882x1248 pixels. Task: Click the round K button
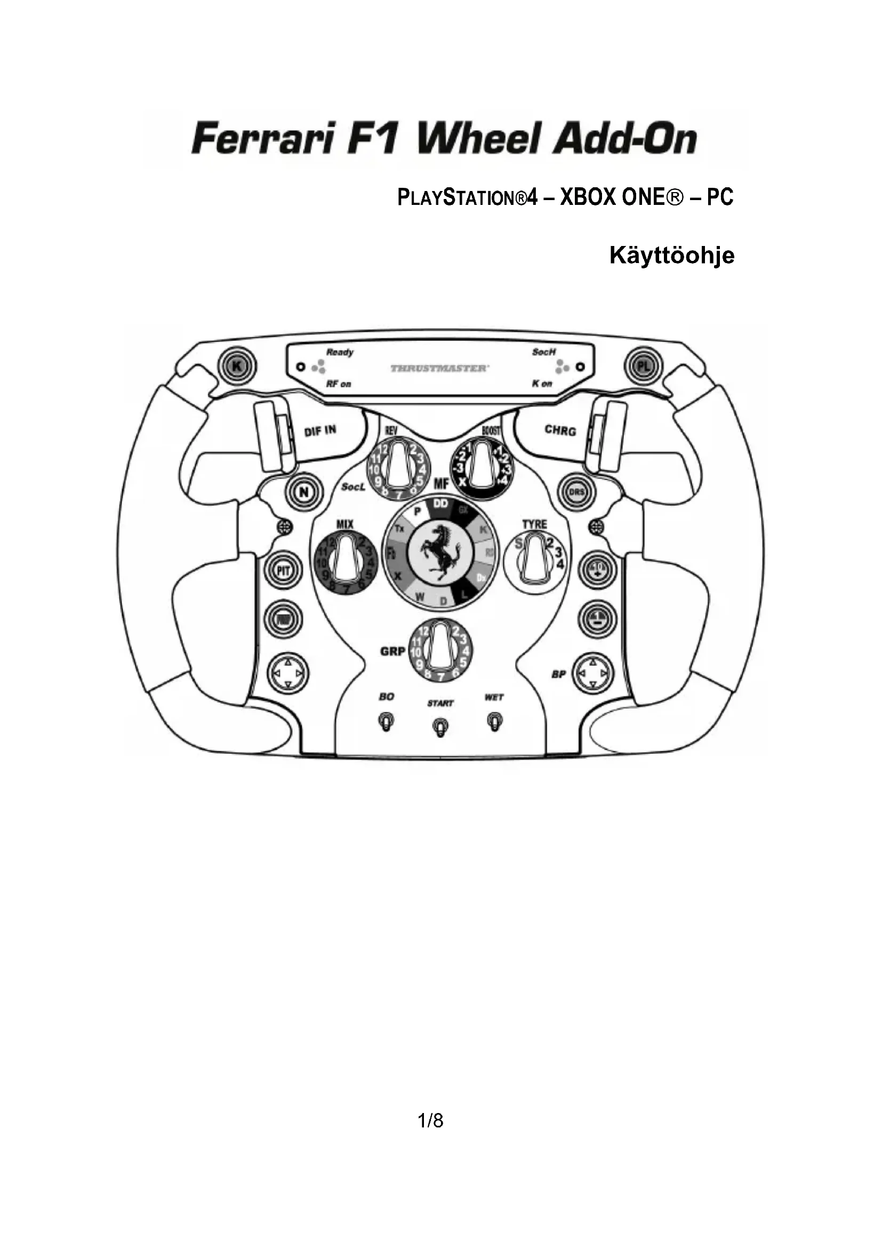236,367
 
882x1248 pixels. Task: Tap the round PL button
643,367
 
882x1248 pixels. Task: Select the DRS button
576,492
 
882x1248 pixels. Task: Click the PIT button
283,571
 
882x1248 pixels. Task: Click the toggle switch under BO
386,722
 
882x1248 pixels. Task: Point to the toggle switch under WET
495,722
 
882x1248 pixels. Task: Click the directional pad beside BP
592,674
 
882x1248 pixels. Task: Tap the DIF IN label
320,431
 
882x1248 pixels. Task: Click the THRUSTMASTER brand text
439,369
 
